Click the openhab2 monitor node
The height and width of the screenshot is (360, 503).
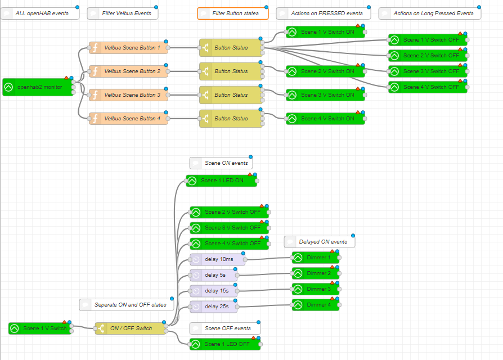(38, 87)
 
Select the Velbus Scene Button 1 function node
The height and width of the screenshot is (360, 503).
(129, 48)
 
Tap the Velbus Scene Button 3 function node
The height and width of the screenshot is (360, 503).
(129, 95)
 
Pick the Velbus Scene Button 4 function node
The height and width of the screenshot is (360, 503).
(129, 119)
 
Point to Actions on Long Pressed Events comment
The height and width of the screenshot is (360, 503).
(430, 13)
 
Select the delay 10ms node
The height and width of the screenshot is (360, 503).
(217, 259)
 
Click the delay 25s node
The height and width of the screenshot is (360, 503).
(213, 307)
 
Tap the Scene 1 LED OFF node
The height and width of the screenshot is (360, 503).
(225, 344)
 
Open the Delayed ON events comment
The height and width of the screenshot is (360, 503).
(320, 242)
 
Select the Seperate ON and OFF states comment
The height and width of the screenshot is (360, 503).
(123, 305)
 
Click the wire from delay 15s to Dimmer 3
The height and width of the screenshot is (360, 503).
(264, 290)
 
